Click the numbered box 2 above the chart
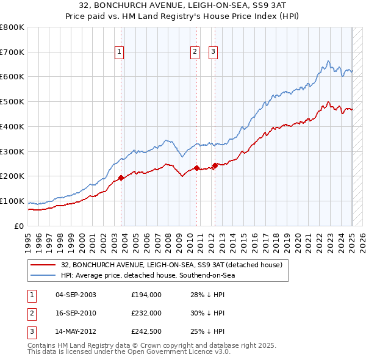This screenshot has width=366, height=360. click(x=195, y=52)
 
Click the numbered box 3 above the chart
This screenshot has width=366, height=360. click(x=213, y=52)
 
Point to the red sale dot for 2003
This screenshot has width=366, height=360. click(x=121, y=178)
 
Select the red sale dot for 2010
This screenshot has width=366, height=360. click(x=197, y=168)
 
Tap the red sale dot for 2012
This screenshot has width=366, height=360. click(x=215, y=165)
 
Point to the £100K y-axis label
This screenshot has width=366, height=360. click(x=12, y=201)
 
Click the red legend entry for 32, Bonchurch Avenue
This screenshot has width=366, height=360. click(x=171, y=265)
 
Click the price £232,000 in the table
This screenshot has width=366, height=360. click(x=146, y=313)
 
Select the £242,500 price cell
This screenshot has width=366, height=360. click(x=146, y=331)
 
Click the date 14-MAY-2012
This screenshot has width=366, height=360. click(x=76, y=331)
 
